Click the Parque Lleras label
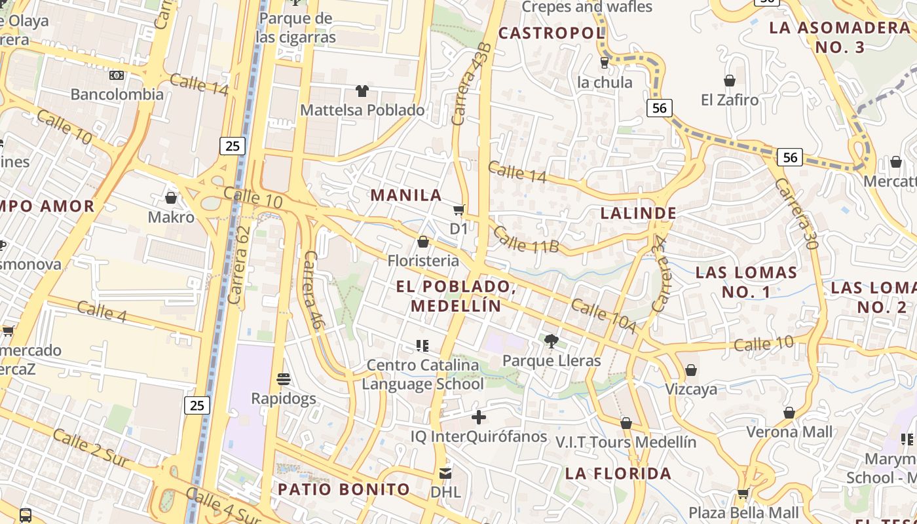click(551, 361)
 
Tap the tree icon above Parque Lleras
click(552, 341)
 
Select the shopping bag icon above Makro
click(171, 197)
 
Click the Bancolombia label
click(117, 94)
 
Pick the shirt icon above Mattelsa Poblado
click(362, 90)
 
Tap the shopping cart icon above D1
click(459, 210)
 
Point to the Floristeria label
click(423, 261)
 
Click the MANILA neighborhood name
click(406, 195)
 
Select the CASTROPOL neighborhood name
click(552, 33)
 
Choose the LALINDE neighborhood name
click(639, 214)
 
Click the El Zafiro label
click(730, 100)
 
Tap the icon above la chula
click(605, 63)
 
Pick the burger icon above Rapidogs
click(284, 379)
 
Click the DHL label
click(445, 491)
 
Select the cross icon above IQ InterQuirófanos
click(479, 417)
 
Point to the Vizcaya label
click(691, 390)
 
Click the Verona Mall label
click(790, 432)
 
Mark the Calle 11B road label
click(525, 240)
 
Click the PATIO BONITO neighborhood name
click(344, 489)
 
